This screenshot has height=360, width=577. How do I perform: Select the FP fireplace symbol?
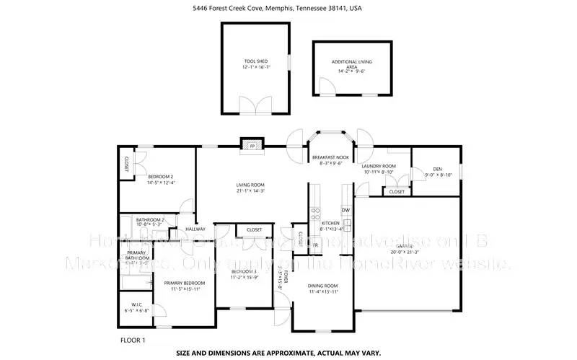pyautogui.click(x=252, y=146)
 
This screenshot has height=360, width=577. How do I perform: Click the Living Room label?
pyautogui.click(x=250, y=185)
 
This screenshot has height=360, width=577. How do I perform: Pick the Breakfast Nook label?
pyautogui.click(x=330, y=157)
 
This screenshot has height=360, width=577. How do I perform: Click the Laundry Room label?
pyautogui.click(x=378, y=167)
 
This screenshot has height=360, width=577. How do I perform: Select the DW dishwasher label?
pyautogui.click(x=345, y=210)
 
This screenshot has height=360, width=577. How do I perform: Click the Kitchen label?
pyautogui.click(x=330, y=224)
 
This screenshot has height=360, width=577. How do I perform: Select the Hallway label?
pyautogui.click(x=196, y=229)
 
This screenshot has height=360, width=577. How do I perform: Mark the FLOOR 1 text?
pyautogui.click(x=133, y=339)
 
